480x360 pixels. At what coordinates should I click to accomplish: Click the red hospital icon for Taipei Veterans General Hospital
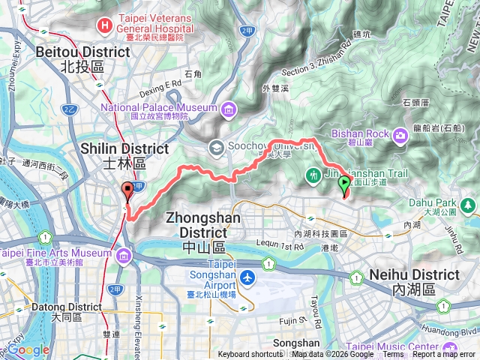(104, 25)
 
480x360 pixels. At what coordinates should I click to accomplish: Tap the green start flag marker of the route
(344, 184)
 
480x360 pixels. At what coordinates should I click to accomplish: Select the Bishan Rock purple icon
(400, 134)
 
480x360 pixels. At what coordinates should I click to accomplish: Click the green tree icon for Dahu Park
(469, 203)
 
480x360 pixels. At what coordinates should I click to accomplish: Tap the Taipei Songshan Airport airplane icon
(248, 277)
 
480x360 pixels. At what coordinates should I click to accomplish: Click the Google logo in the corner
(28, 349)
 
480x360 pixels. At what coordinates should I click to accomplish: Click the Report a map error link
(443, 355)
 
